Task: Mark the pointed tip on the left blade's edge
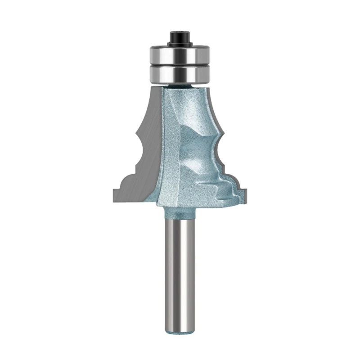[x=136, y=130]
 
